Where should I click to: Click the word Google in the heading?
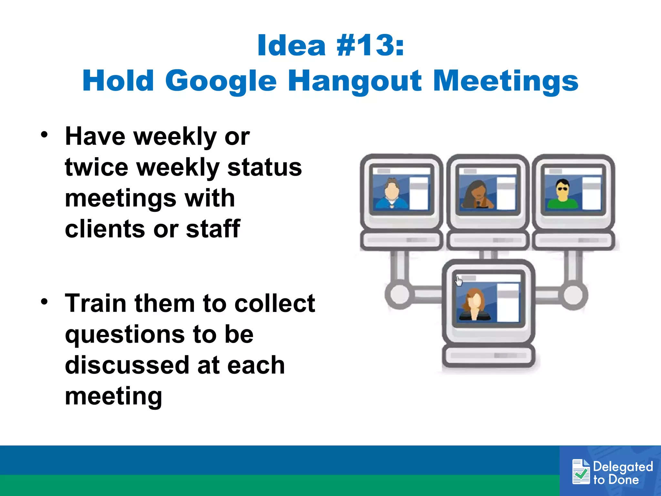pyautogui.click(x=221, y=81)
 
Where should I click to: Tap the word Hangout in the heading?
pyautogui.click(x=354, y=81)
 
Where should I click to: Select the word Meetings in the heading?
pyautogui.click(x=505, y=81)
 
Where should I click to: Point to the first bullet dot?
pyautogui.click(x=45, y=135)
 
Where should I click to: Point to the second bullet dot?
pyautogui.click(x=45, y=302)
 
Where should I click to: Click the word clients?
pyautogui.click(x=105, y=229)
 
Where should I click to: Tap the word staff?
pyautogui.click(x=213, y=229)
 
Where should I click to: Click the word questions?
pyautogui.click(x=125, y=335)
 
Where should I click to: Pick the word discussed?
pyautogui.click(x=127, y=365)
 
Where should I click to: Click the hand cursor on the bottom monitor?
pyautogui.click(x=459, y=281)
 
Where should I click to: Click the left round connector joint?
pyautogui.click(x=399, y=294)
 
